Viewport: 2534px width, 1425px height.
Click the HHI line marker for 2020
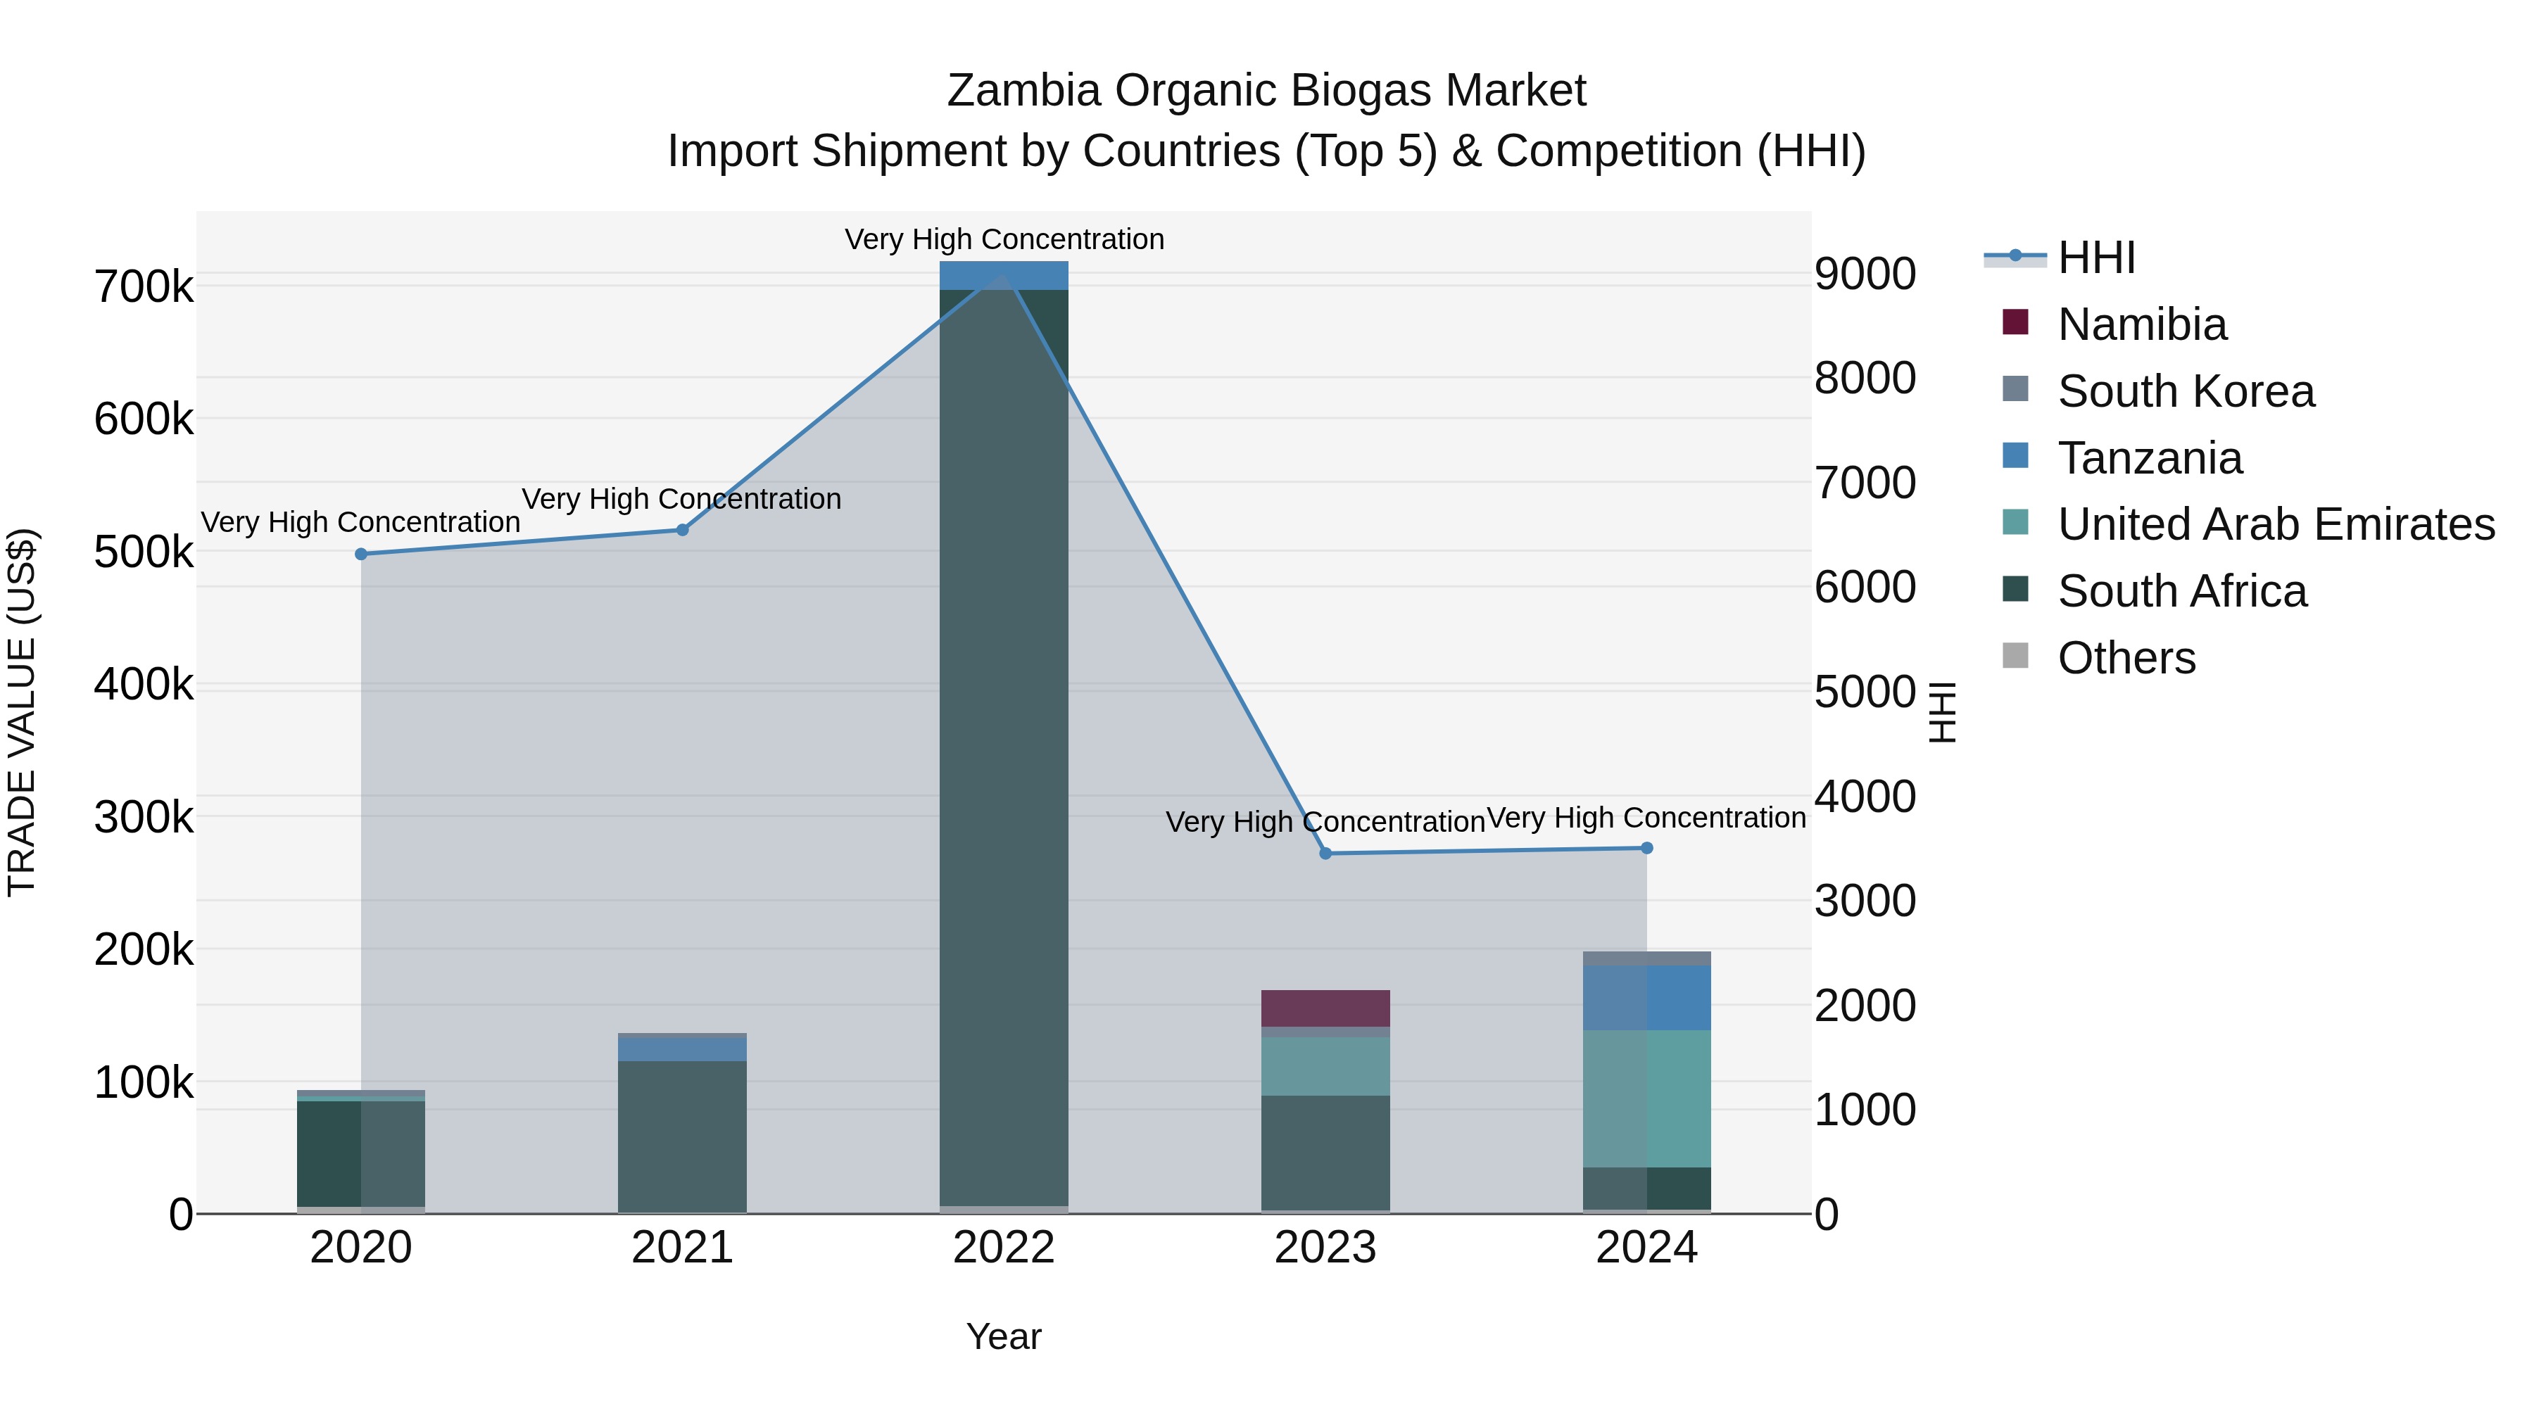[361, 554]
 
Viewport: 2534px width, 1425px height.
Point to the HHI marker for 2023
[1325, 854]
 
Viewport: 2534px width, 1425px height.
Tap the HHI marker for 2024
[1646, 848]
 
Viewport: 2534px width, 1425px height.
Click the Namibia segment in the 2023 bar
[1325, 1008]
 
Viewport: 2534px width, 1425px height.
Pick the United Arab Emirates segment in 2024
[1646, 1098]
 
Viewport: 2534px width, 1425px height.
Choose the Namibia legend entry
[2141, 324]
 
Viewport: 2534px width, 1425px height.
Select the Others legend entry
[2125, 658]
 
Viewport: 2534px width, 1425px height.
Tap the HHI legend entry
[2095, 258]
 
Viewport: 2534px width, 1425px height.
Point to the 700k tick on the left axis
[144, 287]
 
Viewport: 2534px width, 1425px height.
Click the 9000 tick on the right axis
[1864, 274]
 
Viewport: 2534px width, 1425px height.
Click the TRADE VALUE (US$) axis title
[22, 712]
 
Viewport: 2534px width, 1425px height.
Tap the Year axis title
[1003, 1336]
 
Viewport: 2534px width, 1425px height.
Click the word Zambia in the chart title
[1022, 91]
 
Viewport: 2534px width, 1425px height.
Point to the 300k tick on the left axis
[144, 817]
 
